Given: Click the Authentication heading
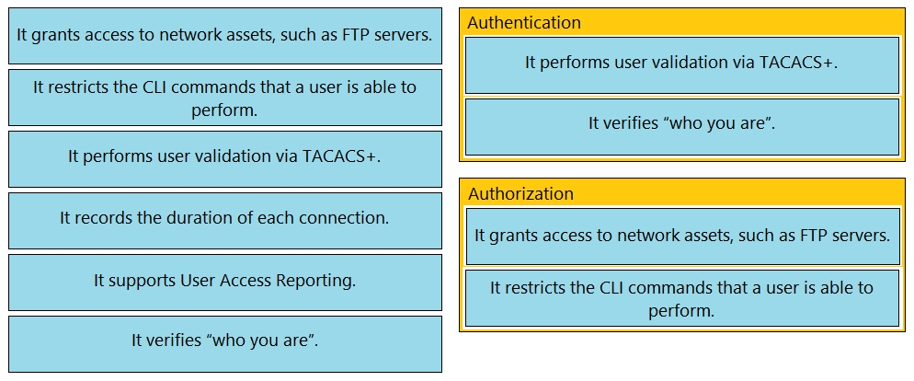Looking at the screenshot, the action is (524, 23).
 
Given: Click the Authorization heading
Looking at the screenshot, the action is (520, 193).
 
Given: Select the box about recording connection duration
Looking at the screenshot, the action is (225, 221).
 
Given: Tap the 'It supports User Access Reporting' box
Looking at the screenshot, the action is (225, 283).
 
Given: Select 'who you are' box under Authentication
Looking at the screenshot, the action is (682, 127).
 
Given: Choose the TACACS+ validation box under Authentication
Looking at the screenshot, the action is (682, 64).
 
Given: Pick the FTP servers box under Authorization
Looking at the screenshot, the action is (682, 237).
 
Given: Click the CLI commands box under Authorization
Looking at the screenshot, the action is (682, 297).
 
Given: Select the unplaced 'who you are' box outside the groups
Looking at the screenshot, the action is (225, 344).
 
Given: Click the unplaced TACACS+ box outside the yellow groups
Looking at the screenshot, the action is (225, 158).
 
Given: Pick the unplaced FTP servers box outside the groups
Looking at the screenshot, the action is (225, 36).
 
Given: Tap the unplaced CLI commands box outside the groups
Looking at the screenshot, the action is (225, 98).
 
